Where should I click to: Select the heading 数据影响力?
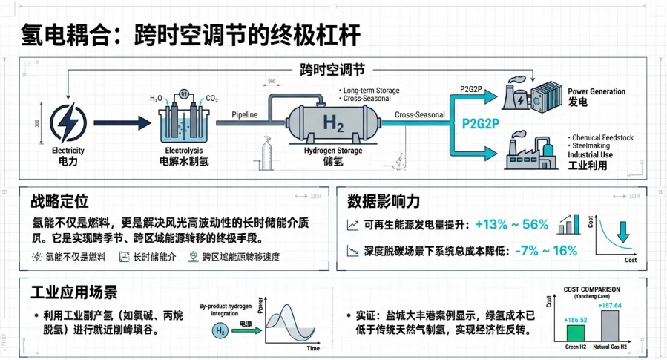pos(384,201)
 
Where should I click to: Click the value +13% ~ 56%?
pos(512,225)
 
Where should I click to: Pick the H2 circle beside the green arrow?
pos(222,331)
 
